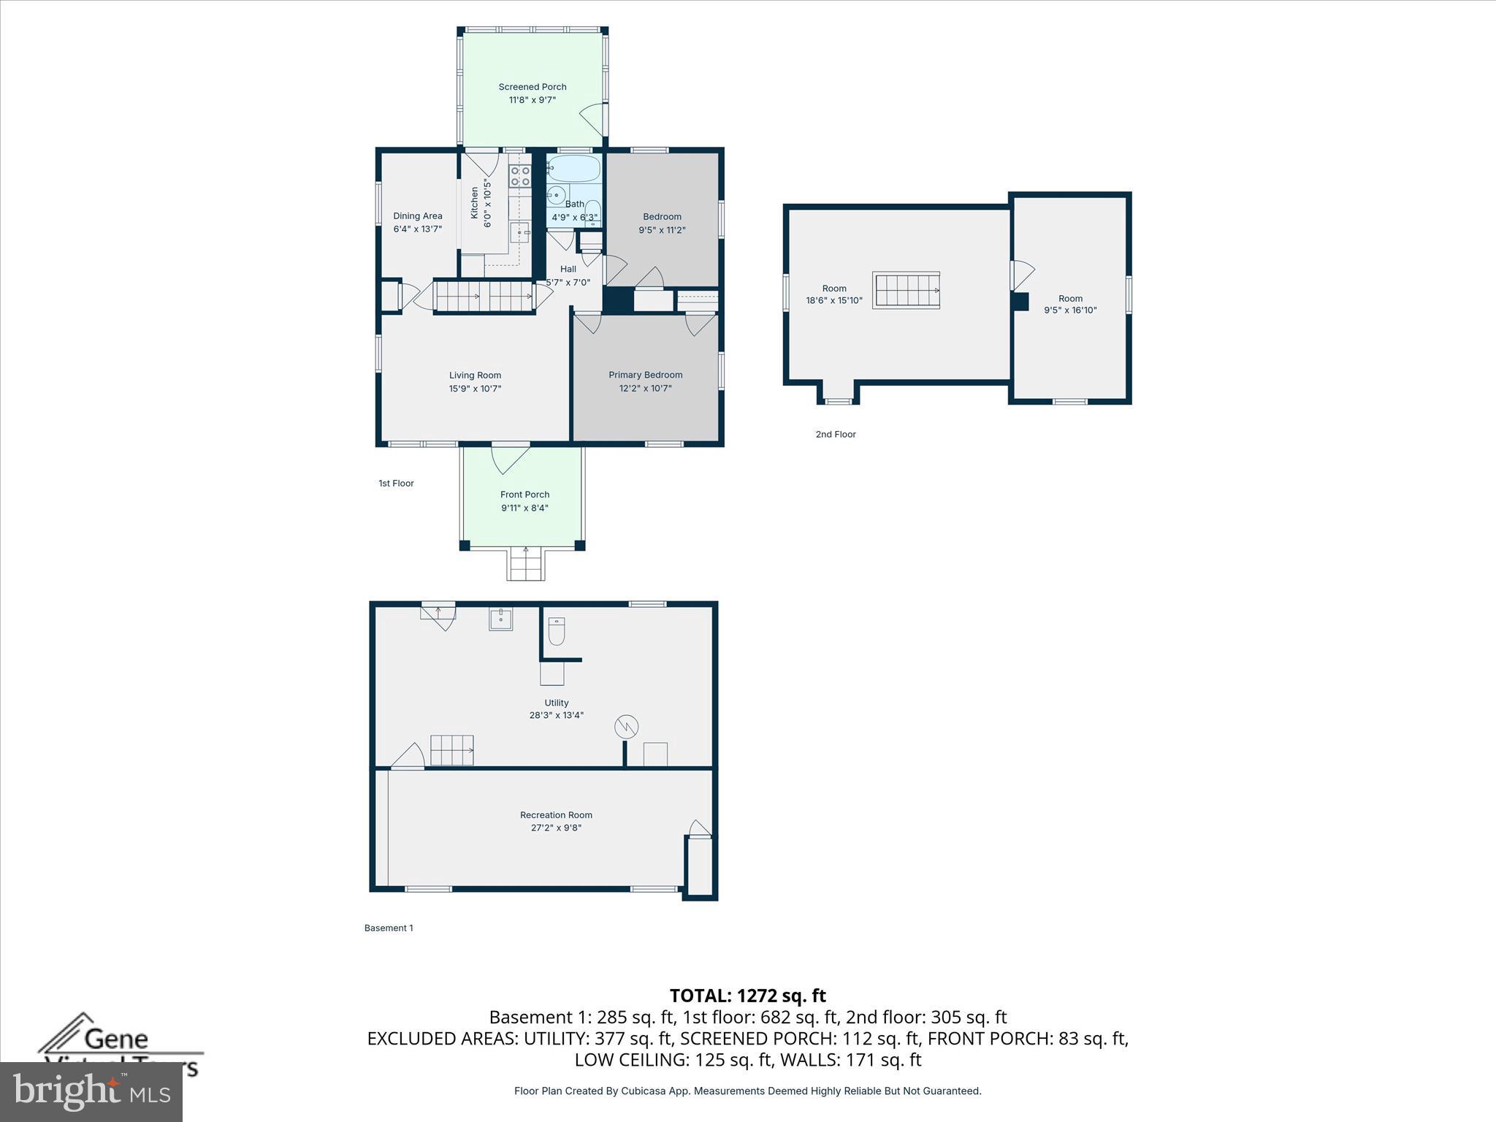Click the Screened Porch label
coord(532,87)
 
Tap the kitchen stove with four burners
coord(520,176)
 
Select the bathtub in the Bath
coord(574,169)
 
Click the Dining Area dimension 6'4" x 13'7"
coord(417,229)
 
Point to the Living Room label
coord(475,375)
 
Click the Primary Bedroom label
coord(645,375)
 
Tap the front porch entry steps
coord(526,563)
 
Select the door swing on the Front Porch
coord(510,459)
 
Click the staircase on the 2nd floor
coord(907,291)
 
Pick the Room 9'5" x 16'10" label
coord(1070,298)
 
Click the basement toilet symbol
coord(557,631)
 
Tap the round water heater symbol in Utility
coord(626,726)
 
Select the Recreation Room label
coord(556,815)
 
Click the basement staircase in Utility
coord(451,750)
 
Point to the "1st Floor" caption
coord(396,484)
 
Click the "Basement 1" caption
coord(389,928)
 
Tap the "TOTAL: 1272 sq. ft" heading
coord(747,996)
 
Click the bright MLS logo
coord(91,1091)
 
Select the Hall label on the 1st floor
coord(568,269)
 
